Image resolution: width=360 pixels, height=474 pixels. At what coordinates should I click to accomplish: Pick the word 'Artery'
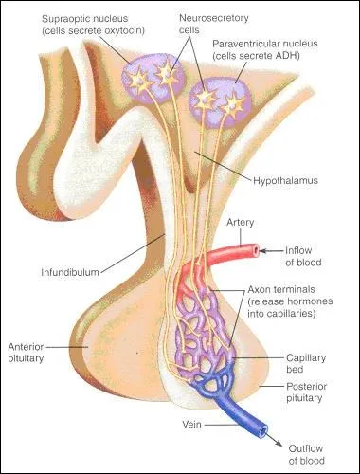[243, 224]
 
